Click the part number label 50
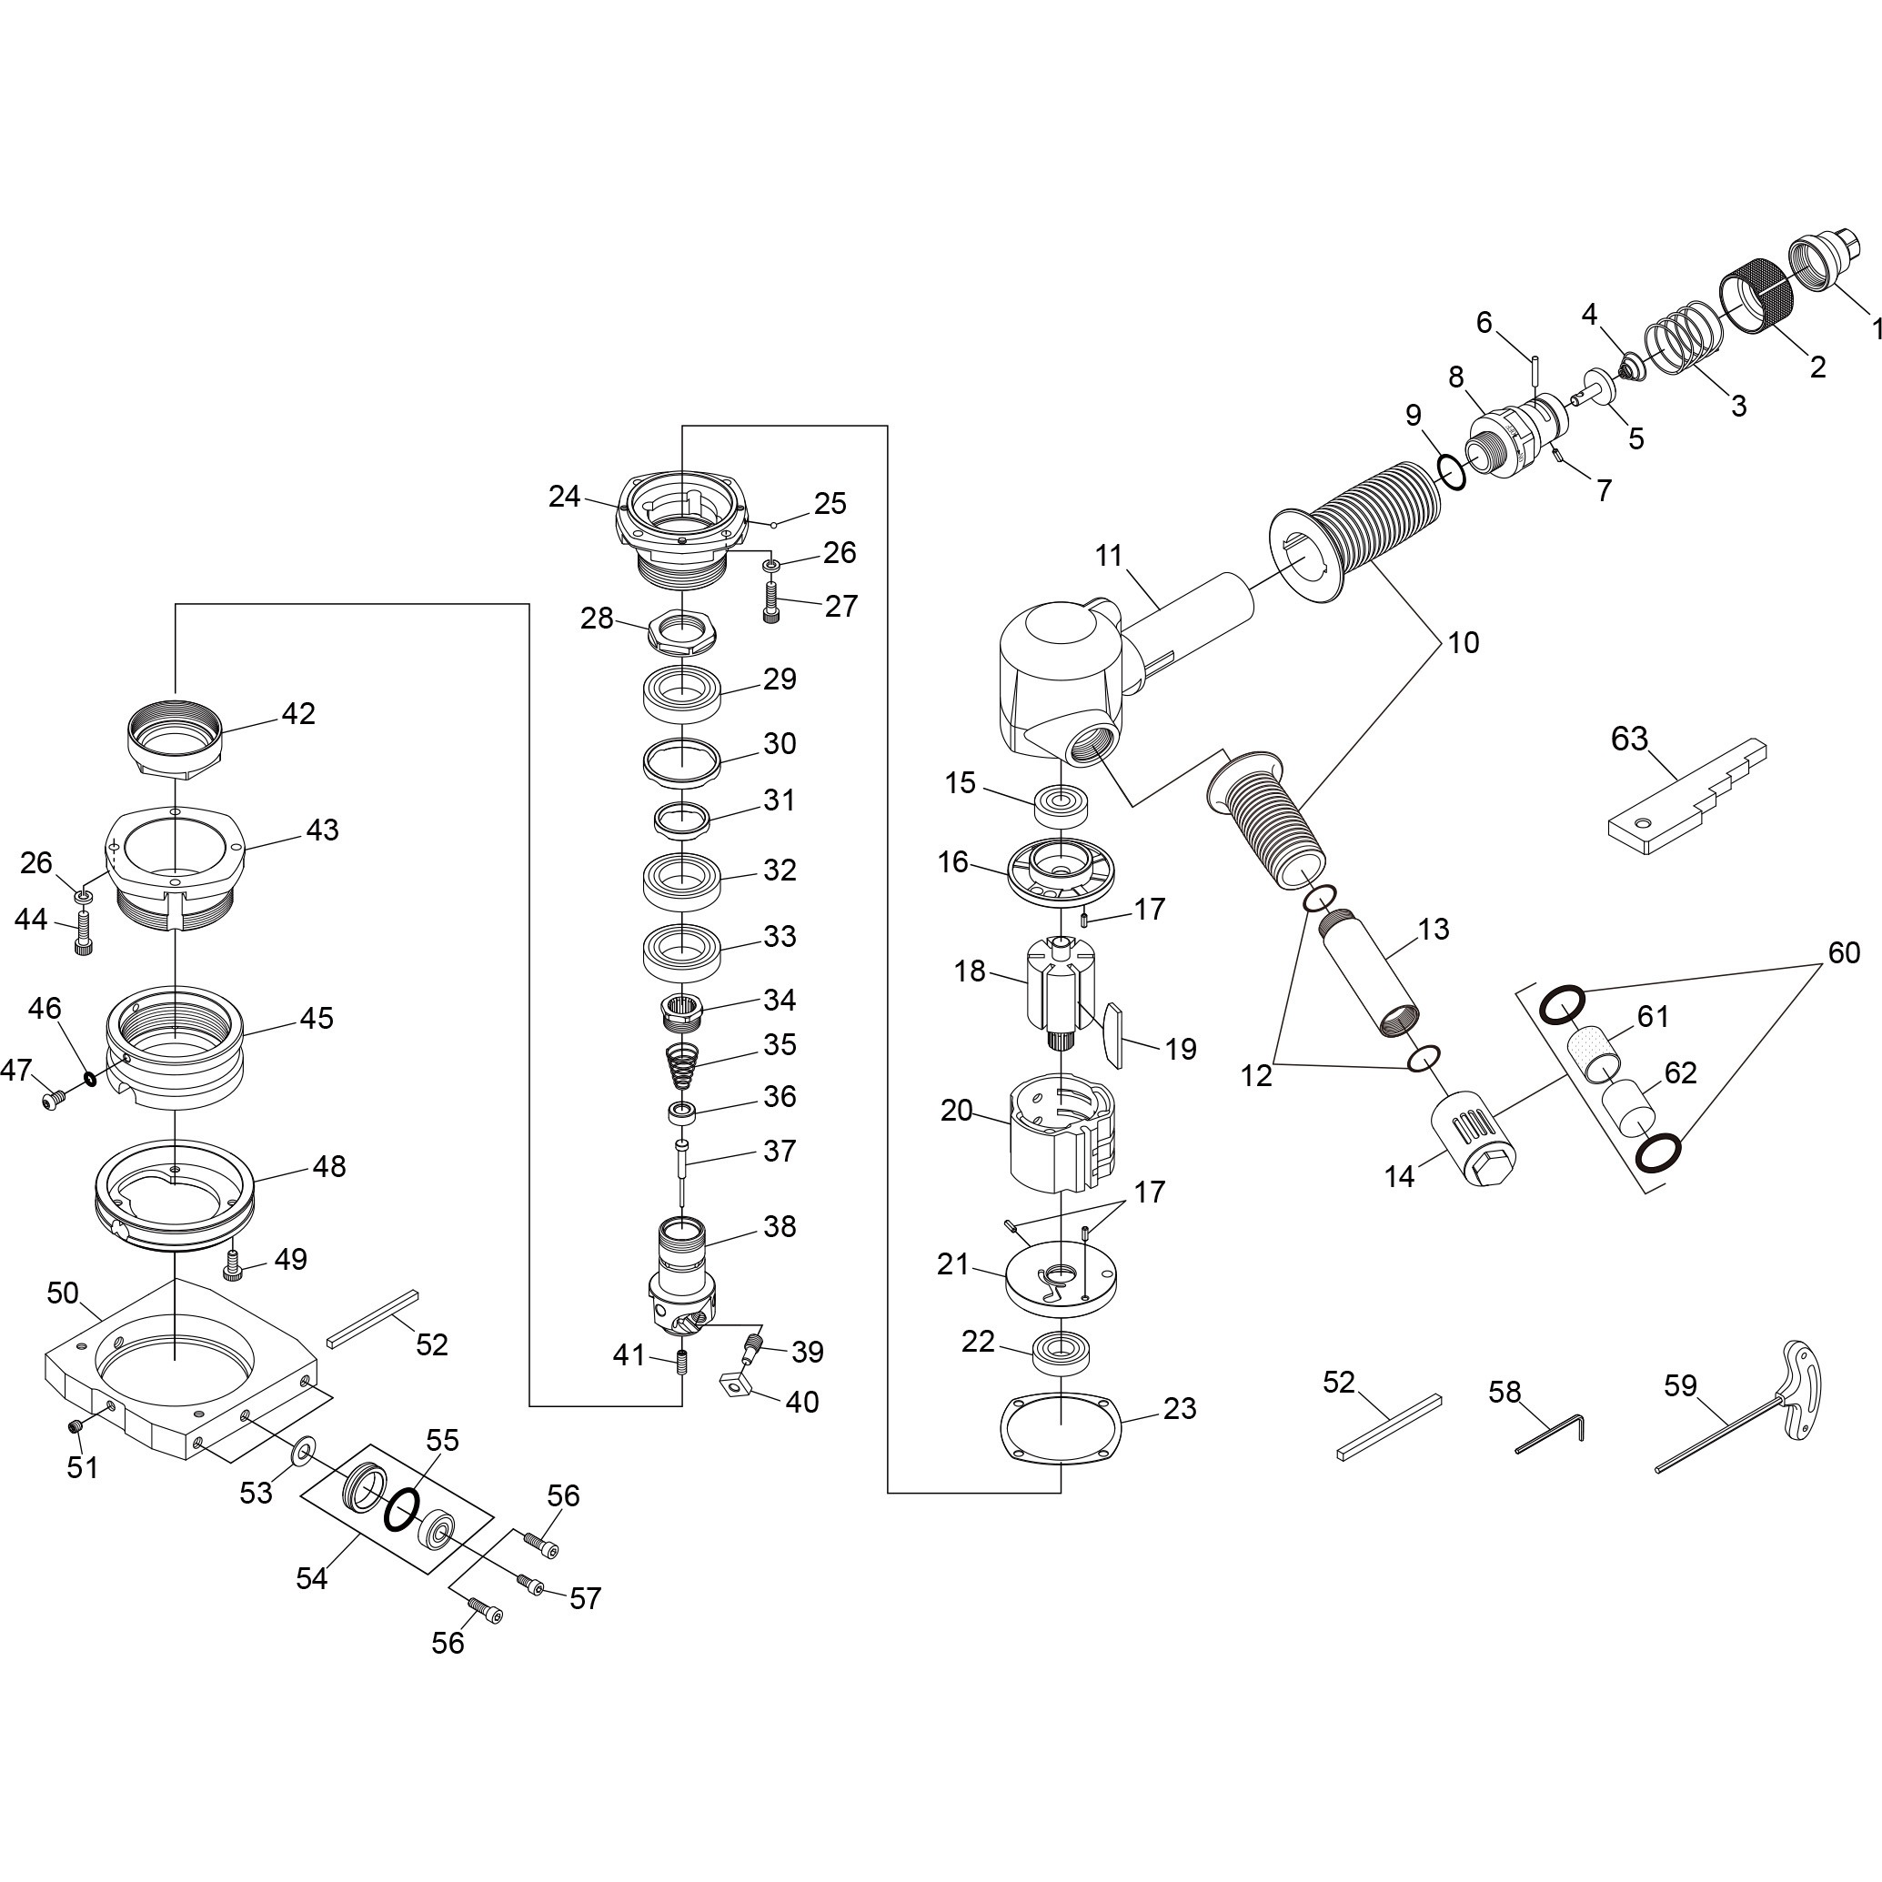click(x=63, y=1293)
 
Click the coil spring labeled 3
click(x=1682, y=342)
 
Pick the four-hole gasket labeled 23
click(x=1061, y=1428)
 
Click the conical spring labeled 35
click(x=685, y=1068)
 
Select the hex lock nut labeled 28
click(x=681, y=631)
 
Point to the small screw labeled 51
click(x=74, y=1428)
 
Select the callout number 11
click(x=1109, y=555)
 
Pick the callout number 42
click(x=298, y=713)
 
